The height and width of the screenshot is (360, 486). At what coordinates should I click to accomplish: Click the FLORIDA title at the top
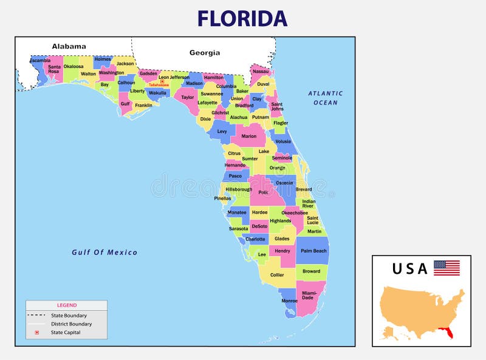point(242,18)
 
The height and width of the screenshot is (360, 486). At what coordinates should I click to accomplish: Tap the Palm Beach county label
point(313,251)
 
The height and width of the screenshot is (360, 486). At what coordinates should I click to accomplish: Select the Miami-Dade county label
point(308,295)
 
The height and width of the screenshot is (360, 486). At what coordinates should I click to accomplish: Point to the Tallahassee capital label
point(159,85)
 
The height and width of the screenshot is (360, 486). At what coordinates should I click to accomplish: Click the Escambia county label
point(40,60)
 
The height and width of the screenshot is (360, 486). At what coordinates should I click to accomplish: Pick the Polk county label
point(263,192)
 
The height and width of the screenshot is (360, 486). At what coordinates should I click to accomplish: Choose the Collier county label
point(277,275)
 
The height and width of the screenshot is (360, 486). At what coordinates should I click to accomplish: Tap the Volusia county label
point(283,141)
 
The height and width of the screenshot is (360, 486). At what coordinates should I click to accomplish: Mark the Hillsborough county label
point(239,189)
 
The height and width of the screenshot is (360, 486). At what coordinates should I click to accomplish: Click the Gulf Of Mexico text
point(104,253)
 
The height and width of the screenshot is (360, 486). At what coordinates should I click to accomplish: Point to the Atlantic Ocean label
point(325,98)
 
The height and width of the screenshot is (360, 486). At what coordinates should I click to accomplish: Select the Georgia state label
point(205,53)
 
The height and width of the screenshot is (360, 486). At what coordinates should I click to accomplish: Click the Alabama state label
point(69,46)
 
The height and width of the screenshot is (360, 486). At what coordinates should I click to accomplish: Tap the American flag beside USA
point(447,268)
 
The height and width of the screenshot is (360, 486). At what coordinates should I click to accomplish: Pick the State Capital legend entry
point(66,332)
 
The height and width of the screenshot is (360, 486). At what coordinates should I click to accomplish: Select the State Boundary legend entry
point(69,315)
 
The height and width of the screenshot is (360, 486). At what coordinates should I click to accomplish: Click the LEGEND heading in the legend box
point(67,305)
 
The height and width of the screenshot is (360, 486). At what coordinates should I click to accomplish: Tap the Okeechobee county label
point(295,213)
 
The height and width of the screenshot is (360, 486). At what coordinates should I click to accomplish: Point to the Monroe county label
point(290,301)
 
